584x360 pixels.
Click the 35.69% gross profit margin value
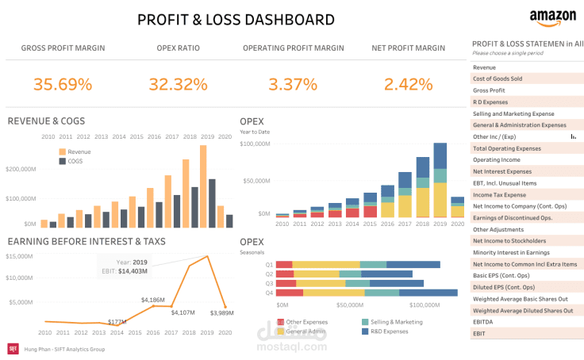(x=63, y=83)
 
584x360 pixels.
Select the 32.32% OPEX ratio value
(x=178, y=83)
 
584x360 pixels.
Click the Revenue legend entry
(x=79, y=151)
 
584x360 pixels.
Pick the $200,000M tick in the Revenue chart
(x=21, y=169)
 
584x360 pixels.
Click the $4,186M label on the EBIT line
(x=152, y=300)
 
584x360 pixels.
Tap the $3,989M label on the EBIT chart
(x=221, y=313)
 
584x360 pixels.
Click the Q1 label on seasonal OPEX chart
(x=269, y=264)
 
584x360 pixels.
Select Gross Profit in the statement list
(x=490, y=90)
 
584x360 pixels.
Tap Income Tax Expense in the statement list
(x=499, y=194)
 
